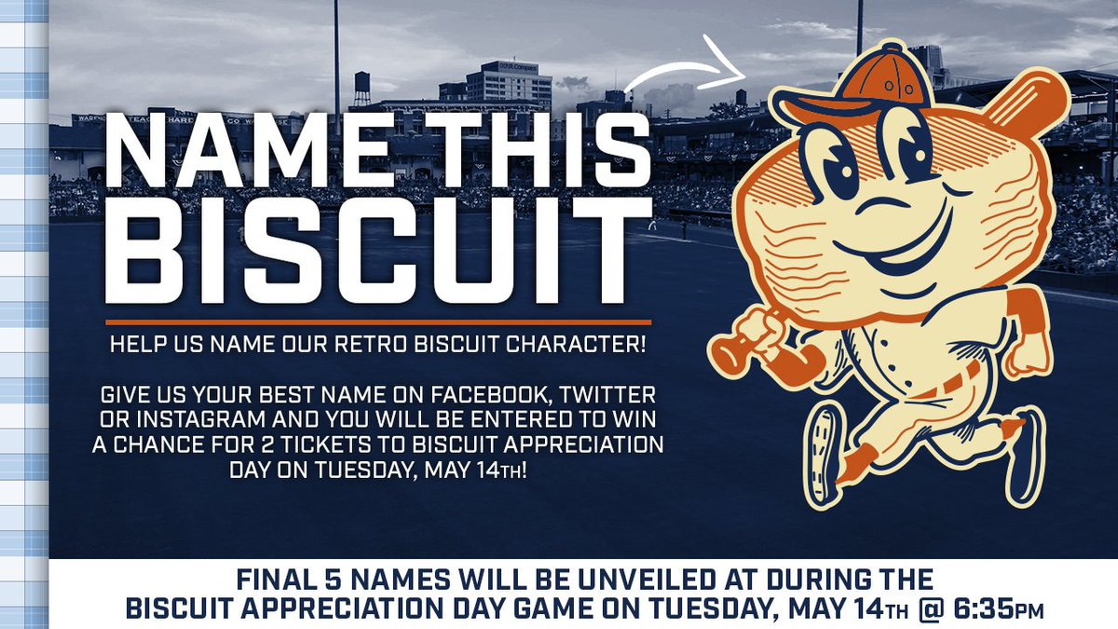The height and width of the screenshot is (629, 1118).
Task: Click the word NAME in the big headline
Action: coord(247,150)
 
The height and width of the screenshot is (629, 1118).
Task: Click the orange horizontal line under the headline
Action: coord(378,322)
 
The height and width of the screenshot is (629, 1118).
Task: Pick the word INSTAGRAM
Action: coord(200,420)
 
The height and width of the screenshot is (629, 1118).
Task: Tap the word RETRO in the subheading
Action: coord(373,345)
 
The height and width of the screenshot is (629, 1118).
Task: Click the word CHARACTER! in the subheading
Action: coord(576,345)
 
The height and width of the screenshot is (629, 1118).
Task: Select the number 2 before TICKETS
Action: coord(268,445)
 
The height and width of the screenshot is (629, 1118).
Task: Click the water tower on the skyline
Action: coord(361,87)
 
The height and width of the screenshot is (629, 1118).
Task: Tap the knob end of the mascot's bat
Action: coord(723,353)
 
